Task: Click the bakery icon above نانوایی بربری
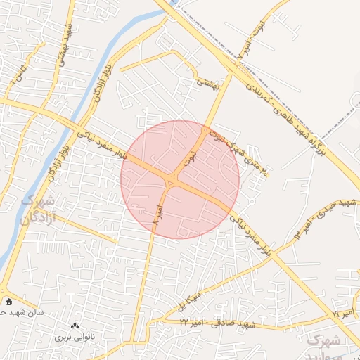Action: [75, 326]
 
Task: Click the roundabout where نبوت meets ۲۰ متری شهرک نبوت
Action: [207, 129]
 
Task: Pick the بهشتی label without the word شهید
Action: [208, 84]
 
